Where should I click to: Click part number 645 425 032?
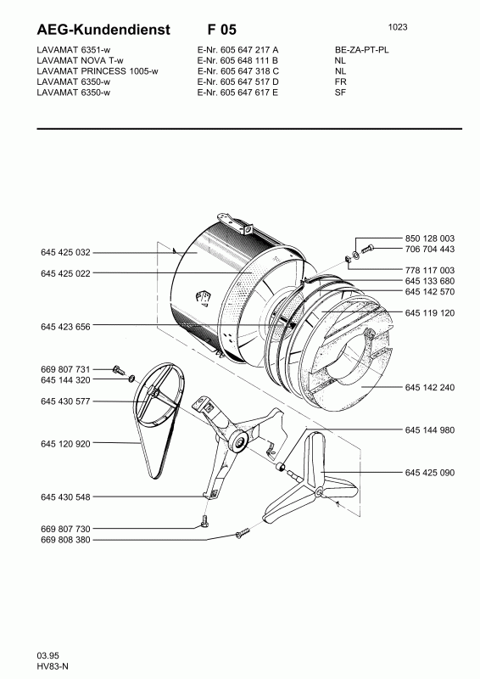[x=65, y=252]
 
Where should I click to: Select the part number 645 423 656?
[x=65, y=327]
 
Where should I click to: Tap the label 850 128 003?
[x=430, y=238]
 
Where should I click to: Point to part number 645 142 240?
[x=430, y=387]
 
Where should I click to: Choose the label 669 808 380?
[x=65, y=540]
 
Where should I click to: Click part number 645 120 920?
[x=65, y=443]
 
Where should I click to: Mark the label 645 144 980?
[x=430, y=429]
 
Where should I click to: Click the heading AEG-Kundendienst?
[x=103, y=30]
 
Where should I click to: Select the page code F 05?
[x=222, y=30]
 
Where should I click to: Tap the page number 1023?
[x=398, y=27]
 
